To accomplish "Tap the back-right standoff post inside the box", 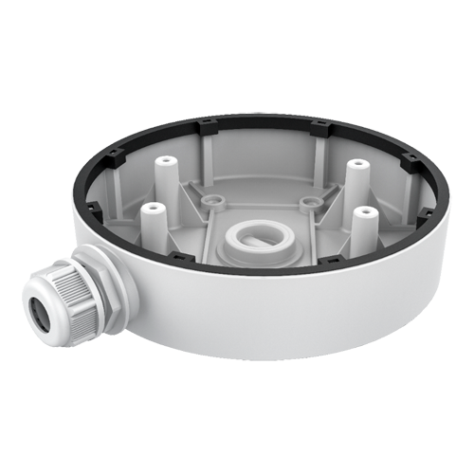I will (x=357, y=167).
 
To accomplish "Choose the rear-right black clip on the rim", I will (x=316, y=124).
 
